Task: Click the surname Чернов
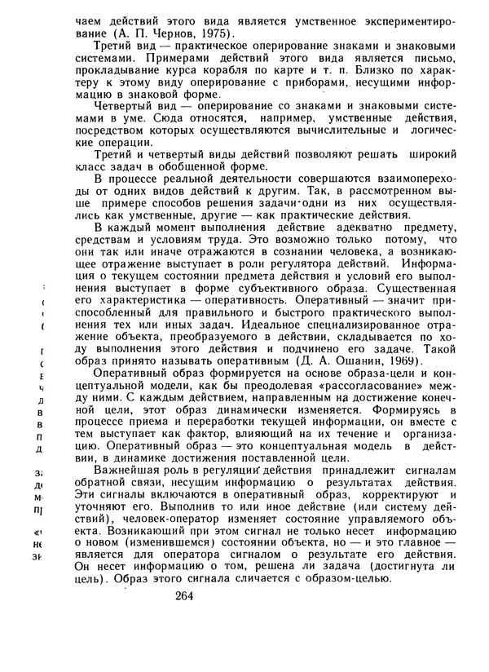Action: (170, 33)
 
